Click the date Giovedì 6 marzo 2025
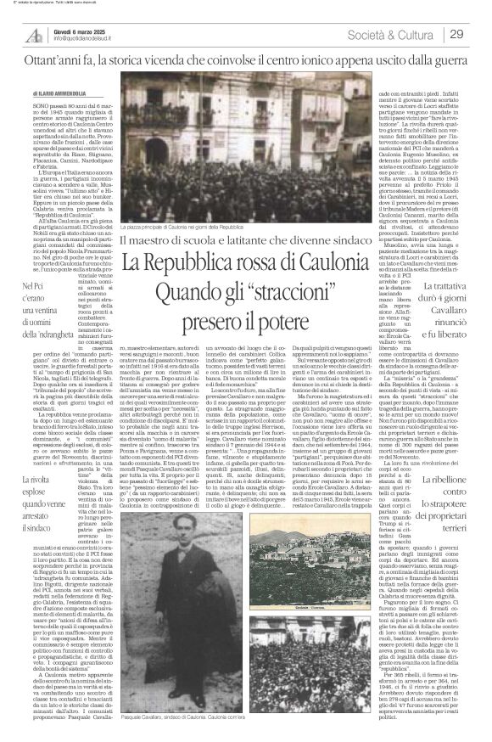click(76, 30)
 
